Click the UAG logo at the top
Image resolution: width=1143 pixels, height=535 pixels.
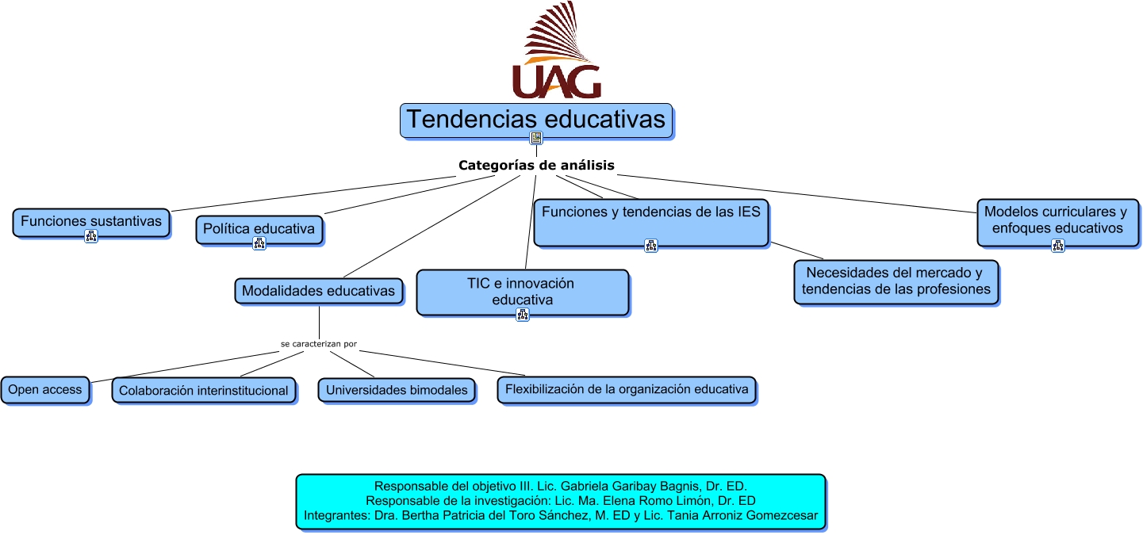(x=556, y=52)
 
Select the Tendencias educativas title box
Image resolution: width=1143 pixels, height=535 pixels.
(x=536, y=120)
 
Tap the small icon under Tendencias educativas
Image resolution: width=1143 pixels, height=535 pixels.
(x=536, y=138)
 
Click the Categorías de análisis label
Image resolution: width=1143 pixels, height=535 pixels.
(x=536, y=166)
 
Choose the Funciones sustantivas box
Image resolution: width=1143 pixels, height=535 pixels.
(x=91, y=221)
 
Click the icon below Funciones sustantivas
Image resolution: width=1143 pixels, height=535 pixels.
(x=91, y=235)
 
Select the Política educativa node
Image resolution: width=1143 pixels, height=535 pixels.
(x=259, y=229)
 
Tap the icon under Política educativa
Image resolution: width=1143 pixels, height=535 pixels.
(x=259, y=243)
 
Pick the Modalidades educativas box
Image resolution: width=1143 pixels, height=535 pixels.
(x=318, y=291)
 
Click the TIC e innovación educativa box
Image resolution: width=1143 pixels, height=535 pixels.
(x=522, y=292)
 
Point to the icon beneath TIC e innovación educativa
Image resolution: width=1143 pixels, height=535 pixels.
(x=522, y=315)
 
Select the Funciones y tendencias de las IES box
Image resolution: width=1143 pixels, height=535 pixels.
(x=650, y=220)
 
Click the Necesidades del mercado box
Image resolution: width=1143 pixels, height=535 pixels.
(x=896, y=281)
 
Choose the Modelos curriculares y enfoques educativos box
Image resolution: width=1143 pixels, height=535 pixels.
(x=1057, y=220)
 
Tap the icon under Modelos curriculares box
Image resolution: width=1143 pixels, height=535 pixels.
(x=1057, y=246)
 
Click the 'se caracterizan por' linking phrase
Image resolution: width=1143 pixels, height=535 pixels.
(x=318, y=345)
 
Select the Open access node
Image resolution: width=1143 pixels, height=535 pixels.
(x=45, y=390)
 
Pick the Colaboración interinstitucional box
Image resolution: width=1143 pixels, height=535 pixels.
(x=204, y=391)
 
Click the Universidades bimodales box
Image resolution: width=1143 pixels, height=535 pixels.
(x=397, y=390)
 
